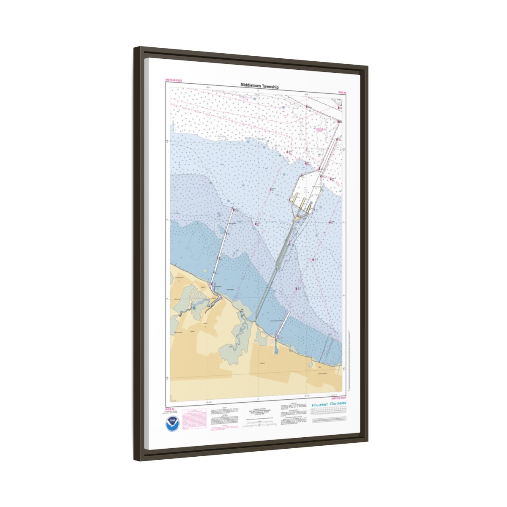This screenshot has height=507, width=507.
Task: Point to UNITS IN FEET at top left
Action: (173, 80)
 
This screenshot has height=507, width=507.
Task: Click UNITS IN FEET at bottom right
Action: (338, 398)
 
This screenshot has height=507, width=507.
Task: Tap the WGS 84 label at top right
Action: (342, 92)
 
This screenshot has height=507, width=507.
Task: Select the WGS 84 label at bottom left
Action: (170, 409)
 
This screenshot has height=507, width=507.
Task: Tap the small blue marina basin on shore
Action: (275, 350)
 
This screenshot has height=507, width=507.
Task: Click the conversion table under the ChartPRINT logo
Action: (328, 413)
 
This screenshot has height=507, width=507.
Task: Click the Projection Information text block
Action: (258, 412)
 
